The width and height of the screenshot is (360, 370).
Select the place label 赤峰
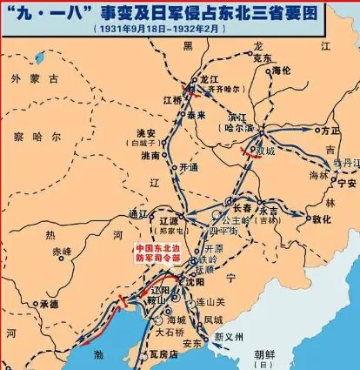[62, 251]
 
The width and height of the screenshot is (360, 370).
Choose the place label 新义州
[229, 336]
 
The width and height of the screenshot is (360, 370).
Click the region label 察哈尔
[39, 138]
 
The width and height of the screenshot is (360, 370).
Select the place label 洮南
[149, 157]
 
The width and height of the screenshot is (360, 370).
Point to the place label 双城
[254, 148]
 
